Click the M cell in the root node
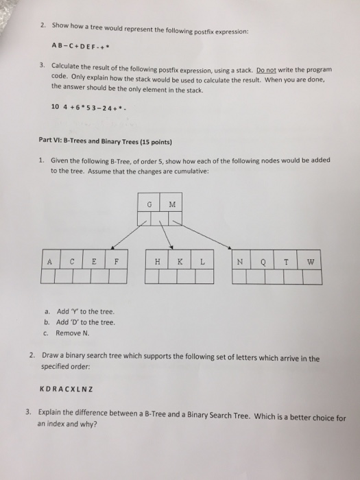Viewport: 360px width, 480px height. (x=171, y=204)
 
